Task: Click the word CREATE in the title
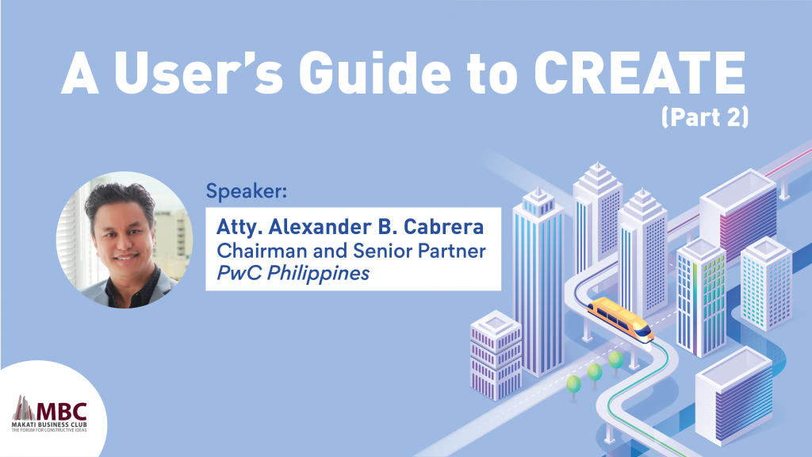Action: pos(640,72)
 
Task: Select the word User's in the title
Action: pos(198,72)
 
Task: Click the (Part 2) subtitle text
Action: pos(705,117)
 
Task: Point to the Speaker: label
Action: pos(247,190)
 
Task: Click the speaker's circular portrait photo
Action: pos(124,240)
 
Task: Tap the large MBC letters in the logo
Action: pos(61,412)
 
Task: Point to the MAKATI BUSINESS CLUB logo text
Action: pos(50,425)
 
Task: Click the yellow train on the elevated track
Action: pos(620,319)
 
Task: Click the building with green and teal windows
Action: pos(701,298)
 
